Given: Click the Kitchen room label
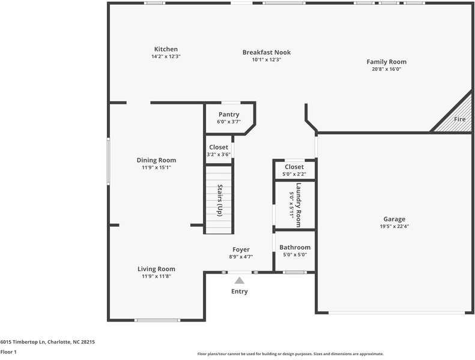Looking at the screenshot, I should click(166, 49).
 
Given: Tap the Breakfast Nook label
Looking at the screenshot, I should click(266, 52).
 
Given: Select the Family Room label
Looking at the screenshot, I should click(386, 62).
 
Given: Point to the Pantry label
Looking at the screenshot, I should click(229, 115).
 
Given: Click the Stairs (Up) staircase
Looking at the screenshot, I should click(219, 200).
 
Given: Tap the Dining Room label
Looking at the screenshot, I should click(156, 160).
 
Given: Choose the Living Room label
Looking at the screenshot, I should click(156, 269).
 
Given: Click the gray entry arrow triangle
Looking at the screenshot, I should click(240, 280).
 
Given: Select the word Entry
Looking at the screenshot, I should click(240, 292).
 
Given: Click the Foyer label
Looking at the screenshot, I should click(241, 250).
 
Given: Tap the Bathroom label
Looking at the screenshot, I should click(295, 247).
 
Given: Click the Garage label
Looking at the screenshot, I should click(395, 219).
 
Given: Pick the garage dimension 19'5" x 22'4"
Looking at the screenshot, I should click(395, 226).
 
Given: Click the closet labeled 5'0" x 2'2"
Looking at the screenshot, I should click(294, 170).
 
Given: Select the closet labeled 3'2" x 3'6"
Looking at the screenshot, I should click(219, 150).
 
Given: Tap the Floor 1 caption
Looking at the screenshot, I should click(8, 352).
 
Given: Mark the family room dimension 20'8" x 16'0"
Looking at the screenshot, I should click(386, 69).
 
